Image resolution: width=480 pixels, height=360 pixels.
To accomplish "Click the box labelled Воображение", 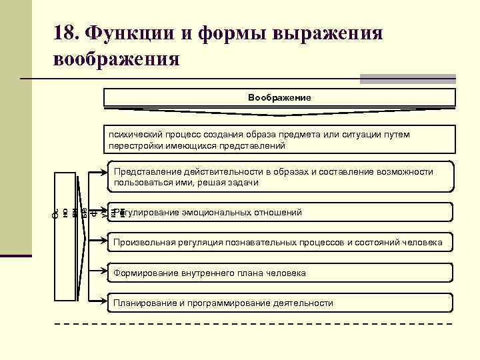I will click(x=279, y=97).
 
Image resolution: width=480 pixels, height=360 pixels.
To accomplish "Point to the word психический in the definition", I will click(x=138, y=135).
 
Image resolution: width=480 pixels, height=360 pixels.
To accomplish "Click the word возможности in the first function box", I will click(x=405, y=172).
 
